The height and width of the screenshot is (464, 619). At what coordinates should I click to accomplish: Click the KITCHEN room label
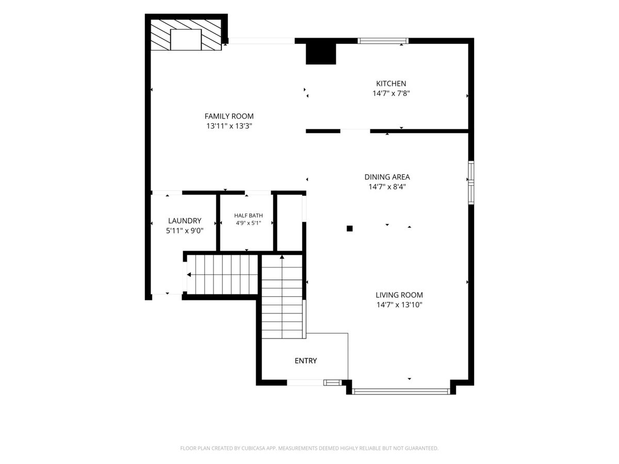[x=391, y=84]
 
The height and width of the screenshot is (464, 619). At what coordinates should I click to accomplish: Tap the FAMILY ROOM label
[x=229, y=116]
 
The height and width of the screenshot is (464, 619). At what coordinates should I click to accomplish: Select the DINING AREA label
[x=387, y=177]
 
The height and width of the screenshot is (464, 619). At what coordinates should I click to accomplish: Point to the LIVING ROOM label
[x=399, y=295]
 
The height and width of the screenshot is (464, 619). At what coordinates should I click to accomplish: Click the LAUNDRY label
[x=185, y=221]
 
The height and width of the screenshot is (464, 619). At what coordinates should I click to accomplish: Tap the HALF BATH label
[x=249, y=216]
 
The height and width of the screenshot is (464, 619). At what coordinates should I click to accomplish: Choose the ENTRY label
[x=306, y=360]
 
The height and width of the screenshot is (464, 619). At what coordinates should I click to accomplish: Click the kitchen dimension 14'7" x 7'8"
[x=391, y=93]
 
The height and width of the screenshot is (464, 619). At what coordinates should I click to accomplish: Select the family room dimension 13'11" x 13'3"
[x=229, y=126]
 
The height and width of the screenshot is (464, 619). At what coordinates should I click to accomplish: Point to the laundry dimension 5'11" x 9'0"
[x=185, y=231]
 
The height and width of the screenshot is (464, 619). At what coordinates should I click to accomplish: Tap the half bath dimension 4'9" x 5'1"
[x=249, y=223]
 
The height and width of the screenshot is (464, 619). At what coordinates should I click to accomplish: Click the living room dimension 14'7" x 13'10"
[x=399, y=305]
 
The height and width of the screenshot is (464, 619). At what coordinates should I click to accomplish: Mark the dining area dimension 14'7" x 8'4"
[x=387, y=187]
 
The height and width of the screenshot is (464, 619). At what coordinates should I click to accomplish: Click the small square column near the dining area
[x=349, y=228]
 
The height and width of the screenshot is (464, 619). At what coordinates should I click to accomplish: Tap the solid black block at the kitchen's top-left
[x=321, y=54]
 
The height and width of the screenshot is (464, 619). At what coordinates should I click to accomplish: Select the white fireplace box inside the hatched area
[x=186, y=40]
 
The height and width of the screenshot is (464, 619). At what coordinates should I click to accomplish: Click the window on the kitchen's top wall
[x=383, y=41]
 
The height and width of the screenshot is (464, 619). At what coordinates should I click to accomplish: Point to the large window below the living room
[x=401, y=391]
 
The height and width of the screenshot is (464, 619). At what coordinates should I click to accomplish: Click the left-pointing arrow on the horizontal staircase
[x=189, y=275]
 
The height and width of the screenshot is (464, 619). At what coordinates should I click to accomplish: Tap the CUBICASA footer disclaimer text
[x=309, y=448]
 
